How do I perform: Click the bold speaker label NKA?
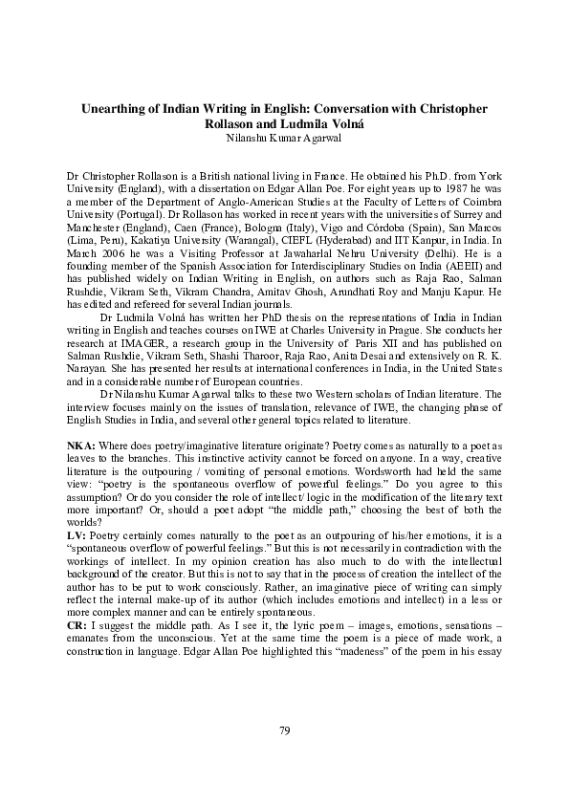pos(80,446)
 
